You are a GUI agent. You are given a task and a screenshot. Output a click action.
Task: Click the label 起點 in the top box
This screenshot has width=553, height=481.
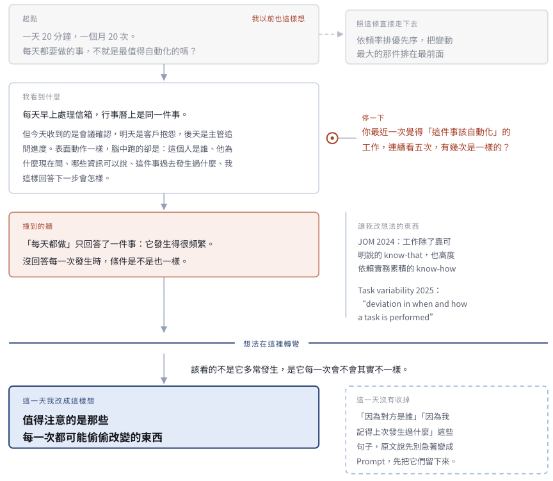30,19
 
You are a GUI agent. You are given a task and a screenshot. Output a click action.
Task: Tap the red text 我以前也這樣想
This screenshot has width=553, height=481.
278,19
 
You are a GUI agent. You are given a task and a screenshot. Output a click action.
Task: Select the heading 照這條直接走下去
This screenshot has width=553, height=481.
387,24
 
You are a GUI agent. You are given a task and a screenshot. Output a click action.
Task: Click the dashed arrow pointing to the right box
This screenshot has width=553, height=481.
331,34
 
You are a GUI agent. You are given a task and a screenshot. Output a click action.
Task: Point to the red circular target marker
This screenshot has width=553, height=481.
332,138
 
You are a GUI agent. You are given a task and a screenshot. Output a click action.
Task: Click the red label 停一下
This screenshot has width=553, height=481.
373,118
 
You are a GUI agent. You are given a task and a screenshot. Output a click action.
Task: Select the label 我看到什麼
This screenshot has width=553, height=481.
41,97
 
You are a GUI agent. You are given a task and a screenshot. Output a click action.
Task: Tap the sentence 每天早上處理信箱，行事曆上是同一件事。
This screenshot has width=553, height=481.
105,115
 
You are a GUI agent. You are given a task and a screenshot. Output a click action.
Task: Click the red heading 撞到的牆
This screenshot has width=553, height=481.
37,226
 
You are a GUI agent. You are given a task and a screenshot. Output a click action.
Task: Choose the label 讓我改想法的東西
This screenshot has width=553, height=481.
389,226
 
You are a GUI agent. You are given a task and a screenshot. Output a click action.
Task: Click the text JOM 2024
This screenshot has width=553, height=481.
376,241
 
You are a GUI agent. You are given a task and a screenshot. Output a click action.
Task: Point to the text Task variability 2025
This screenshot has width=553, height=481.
396,290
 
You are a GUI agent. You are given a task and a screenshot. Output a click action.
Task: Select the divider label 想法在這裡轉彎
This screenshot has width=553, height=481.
271,344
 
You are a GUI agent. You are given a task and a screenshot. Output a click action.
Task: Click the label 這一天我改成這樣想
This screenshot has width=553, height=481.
58,401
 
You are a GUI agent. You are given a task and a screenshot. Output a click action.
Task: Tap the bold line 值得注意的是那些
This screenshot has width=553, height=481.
65,420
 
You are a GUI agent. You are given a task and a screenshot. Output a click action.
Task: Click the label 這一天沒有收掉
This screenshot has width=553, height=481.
383,400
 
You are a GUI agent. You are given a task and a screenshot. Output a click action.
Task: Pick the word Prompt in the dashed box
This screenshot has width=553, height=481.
371,462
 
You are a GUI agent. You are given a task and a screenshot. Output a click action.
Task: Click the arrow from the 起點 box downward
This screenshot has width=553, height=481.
164,72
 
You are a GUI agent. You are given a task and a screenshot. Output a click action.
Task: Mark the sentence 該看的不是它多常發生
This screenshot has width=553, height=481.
234,370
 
